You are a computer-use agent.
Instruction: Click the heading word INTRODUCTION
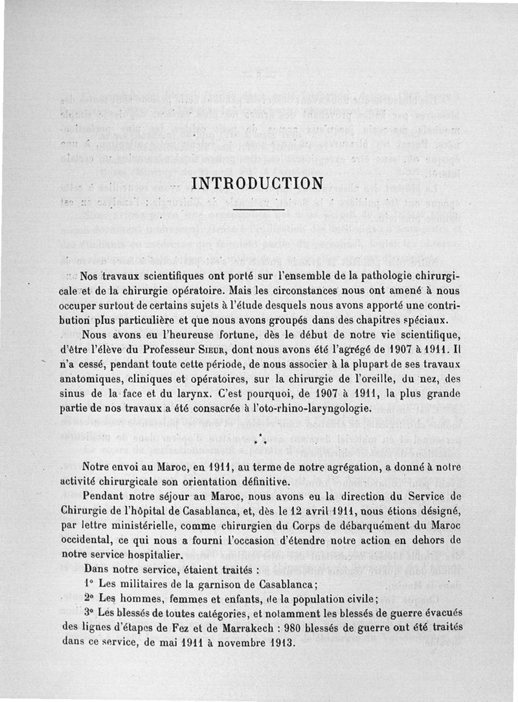coord(258,183)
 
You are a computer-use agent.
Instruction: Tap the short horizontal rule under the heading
coord(258,210)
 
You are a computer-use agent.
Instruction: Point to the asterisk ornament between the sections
coord(259,441)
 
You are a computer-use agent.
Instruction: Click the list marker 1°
coord(90,583)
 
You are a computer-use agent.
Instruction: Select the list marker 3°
coord(91,612)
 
